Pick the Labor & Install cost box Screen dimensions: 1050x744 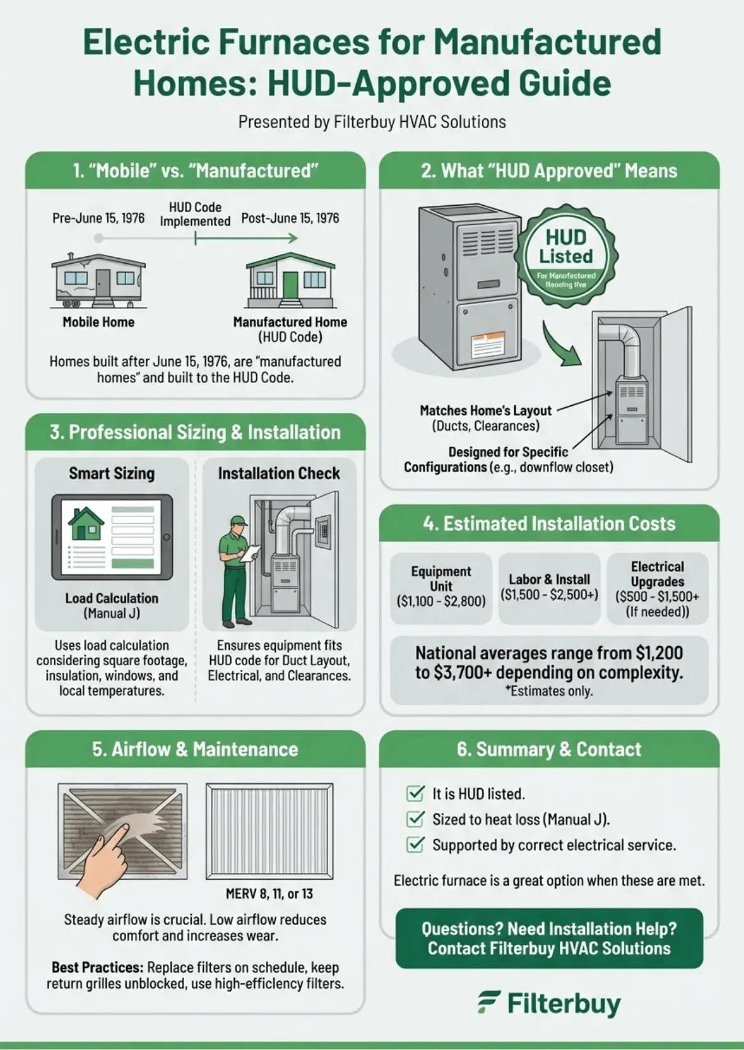tap(549, 587)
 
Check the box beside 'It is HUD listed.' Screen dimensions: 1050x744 tap(415, 793)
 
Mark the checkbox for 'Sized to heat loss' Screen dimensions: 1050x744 tap(415, 819)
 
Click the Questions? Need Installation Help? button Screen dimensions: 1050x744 tap(549, 939)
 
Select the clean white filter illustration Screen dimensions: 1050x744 tap(269, 831)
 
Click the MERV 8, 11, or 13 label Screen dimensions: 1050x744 tap(269, 893)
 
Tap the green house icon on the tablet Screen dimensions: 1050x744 tap(86, 523)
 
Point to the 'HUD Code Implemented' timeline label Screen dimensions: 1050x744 tap(195, 214)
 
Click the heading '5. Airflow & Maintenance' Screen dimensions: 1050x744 tap(195, 749)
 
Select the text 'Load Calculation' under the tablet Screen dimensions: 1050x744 tap(111, 598)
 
